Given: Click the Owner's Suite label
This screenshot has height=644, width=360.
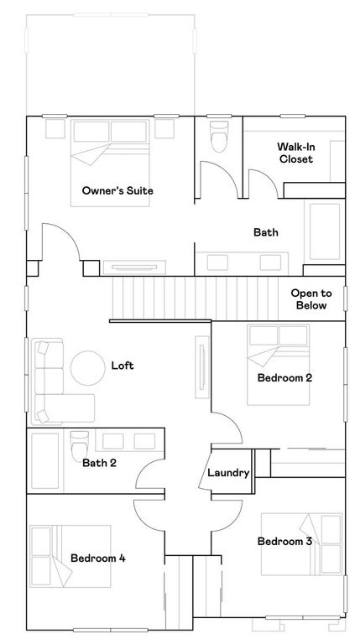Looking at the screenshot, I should [x=117, y=190].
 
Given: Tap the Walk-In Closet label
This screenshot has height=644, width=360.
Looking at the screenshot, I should [x=295, y=153].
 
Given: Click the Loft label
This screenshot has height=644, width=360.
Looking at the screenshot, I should [x=123, y=366].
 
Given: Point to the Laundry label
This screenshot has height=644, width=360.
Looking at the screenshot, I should [x=229, y=473].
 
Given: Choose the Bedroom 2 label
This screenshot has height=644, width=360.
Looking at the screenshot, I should [x=284, y=378].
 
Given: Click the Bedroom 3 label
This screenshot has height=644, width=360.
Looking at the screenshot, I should [x=284, y=542].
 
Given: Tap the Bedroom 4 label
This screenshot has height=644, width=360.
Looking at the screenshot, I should [x=98, y=558].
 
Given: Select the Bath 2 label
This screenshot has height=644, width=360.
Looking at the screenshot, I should [x=100, y=461].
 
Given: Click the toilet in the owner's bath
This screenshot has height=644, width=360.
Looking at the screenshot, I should [x=219, y=137].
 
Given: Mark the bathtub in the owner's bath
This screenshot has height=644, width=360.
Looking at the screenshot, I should [x=323, y=232].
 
